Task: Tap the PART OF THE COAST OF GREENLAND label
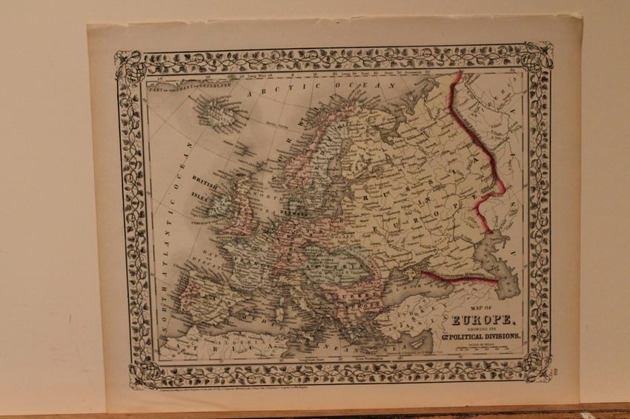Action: click(190, 85)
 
